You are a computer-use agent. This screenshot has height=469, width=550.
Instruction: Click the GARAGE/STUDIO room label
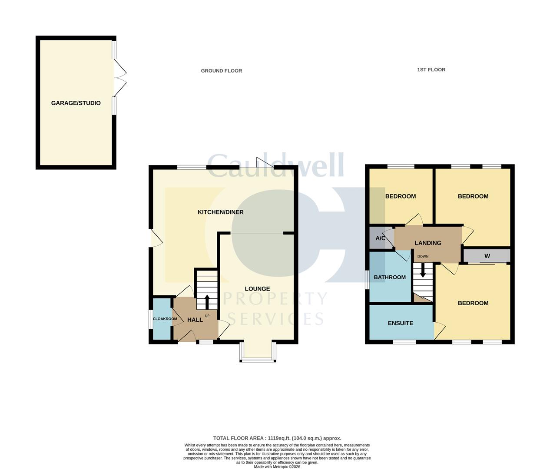76,103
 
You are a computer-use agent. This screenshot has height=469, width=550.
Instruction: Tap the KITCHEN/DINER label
220,212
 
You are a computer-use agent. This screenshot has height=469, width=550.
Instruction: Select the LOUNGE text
257,289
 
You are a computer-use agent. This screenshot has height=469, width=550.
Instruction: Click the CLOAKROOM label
165,319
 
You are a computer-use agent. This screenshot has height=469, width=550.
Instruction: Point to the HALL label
195,320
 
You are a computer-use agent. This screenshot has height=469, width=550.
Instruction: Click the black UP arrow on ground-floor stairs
207,301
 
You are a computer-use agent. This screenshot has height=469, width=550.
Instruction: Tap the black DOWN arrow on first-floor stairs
423,271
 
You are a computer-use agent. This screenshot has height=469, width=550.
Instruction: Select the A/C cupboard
380,238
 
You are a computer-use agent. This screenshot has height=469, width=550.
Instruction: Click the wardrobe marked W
487,256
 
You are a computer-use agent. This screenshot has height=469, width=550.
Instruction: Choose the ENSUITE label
400,323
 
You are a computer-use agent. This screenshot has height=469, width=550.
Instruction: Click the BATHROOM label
390,277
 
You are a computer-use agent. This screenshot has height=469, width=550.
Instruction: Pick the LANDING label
428,243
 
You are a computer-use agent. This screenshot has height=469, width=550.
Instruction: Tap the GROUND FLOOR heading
221,71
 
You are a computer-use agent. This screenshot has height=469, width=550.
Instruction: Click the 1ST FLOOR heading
431,69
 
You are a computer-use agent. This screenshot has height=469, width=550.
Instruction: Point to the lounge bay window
258,359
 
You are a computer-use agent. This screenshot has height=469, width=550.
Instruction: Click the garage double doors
120,78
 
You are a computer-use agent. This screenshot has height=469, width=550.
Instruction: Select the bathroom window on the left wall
367,279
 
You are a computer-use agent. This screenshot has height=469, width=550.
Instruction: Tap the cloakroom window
150,319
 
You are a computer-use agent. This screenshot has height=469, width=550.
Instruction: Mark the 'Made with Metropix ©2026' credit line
277,467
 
